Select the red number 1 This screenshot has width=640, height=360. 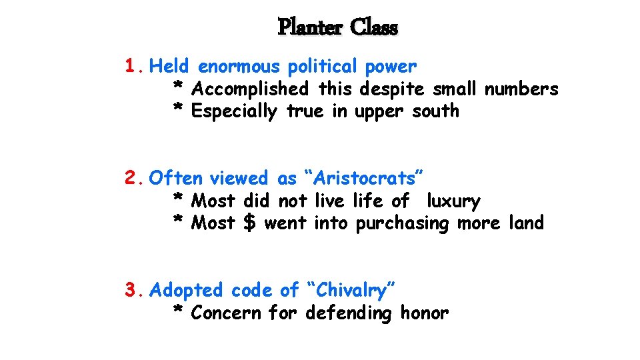pyautogui.click(x=131, y=67)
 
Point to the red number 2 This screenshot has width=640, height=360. pyautogui.click(x=131, y=178)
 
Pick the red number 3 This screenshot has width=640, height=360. pyautogui.click(x=131, y=290)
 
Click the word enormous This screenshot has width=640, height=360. pyautogui.click(x=239, y=67)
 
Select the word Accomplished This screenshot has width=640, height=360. pyautogui.click(x=249, y=89)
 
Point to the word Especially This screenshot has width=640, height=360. pyautogui.click(x=233, y=111)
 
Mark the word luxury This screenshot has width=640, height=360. pyautogui.click(x=453, y=201)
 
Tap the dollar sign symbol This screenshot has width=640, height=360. pyautogui.click(x=249, y=223)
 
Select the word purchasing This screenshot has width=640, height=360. pyautogui.click(x=403, y=223)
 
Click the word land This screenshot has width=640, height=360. pyautogui.click(x=526, y=223)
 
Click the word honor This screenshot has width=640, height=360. pyautogui.click(x=424, y=313)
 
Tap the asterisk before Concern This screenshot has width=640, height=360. pyautogui.click(x=178, y=311)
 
